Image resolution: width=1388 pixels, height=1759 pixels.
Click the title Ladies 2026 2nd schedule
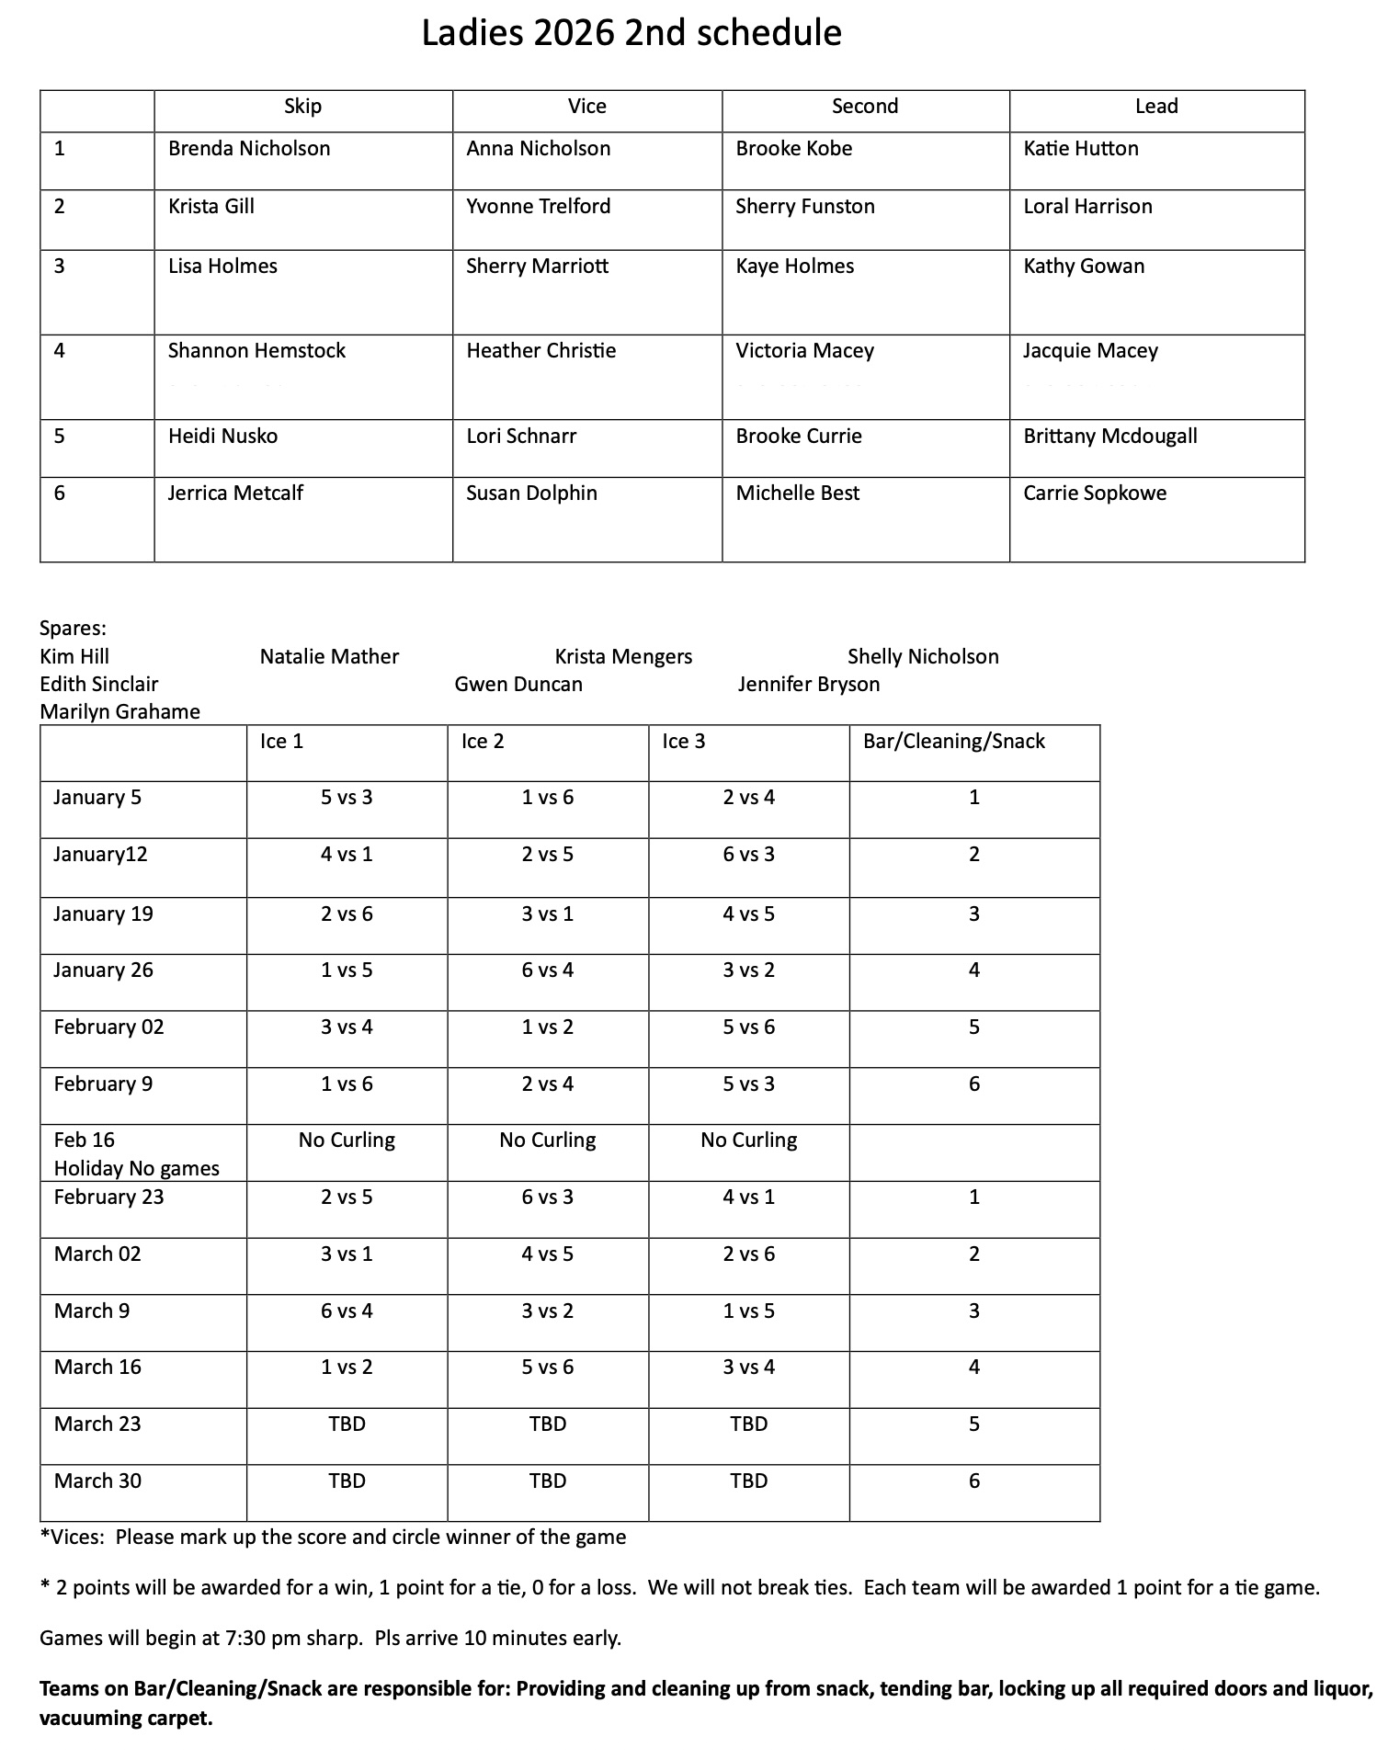(631, 34)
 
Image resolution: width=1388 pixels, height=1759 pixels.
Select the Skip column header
(302, 107)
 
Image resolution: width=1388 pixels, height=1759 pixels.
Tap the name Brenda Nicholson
(249, 149)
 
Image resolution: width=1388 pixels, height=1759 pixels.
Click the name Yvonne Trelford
(538, 207)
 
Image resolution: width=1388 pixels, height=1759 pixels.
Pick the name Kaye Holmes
(794, 267)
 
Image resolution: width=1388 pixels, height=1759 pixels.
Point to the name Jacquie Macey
(1090, 351)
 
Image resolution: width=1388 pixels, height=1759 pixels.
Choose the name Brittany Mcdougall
(1109, 437)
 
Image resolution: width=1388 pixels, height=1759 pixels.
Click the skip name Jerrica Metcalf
(235, 494)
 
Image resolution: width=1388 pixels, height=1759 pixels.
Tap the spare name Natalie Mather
(329, 657)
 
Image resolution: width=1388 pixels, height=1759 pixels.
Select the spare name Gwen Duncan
(518, 685)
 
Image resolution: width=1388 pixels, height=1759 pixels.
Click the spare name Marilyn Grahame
(119, 712)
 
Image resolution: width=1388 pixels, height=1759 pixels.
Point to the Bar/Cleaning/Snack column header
(953, 742)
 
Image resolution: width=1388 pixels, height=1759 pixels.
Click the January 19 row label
(103, 914)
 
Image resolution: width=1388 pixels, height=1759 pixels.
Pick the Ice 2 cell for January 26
(548, 970)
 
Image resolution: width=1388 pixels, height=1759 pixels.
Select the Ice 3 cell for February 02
(748, 1027)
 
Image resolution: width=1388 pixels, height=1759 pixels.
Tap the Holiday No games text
(136, 1169)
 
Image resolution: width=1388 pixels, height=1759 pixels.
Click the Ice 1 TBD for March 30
(347, 1481)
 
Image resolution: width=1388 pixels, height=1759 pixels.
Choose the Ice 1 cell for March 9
(347, 1311)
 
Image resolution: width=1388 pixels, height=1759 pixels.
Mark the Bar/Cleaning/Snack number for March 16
(974, 1367)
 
